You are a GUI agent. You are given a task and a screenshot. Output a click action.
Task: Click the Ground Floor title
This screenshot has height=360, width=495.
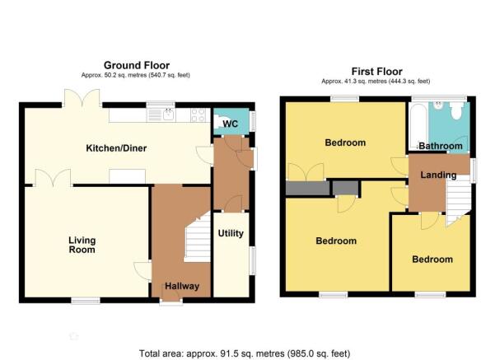point(137,65)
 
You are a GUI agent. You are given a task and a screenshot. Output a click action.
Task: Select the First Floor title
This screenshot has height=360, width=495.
point(377,72)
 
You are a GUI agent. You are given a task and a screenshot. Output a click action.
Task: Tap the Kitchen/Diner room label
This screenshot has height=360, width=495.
point(116,148)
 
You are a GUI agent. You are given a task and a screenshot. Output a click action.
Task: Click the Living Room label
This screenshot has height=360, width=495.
point(82,245)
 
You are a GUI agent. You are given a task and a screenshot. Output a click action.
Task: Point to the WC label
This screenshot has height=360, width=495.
point(230,124)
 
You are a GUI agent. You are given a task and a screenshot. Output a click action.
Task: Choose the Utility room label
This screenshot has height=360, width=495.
point(231,233)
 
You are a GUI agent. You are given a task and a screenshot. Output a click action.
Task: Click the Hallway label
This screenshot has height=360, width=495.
point(182,286)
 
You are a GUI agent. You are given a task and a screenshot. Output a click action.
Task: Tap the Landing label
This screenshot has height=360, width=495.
point(438,175)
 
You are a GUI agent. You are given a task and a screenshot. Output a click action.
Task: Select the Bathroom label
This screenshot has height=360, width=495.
point(441,146)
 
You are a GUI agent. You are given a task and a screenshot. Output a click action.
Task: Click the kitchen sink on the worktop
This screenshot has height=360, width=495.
point(161,115)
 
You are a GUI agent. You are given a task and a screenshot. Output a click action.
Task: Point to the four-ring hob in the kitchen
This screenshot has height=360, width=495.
point(198,115)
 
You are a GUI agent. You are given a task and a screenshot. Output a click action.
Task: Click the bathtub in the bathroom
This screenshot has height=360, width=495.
point(418,126)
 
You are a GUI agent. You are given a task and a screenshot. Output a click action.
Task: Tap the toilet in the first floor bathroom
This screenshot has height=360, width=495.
point(456,110)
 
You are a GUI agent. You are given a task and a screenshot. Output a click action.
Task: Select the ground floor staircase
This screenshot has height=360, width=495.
point(198,237)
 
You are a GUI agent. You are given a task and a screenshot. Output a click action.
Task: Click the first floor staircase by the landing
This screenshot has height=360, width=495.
point(458,200)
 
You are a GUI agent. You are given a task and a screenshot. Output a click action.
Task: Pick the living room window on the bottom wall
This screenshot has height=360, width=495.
point(86,301)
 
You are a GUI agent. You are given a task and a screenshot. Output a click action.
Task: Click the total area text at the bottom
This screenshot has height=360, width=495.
point(245,353)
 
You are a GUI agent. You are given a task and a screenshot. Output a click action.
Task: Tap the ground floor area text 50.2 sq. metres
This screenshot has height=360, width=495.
point(136,75)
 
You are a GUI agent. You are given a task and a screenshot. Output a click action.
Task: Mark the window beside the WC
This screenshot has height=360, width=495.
point(253,120)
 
